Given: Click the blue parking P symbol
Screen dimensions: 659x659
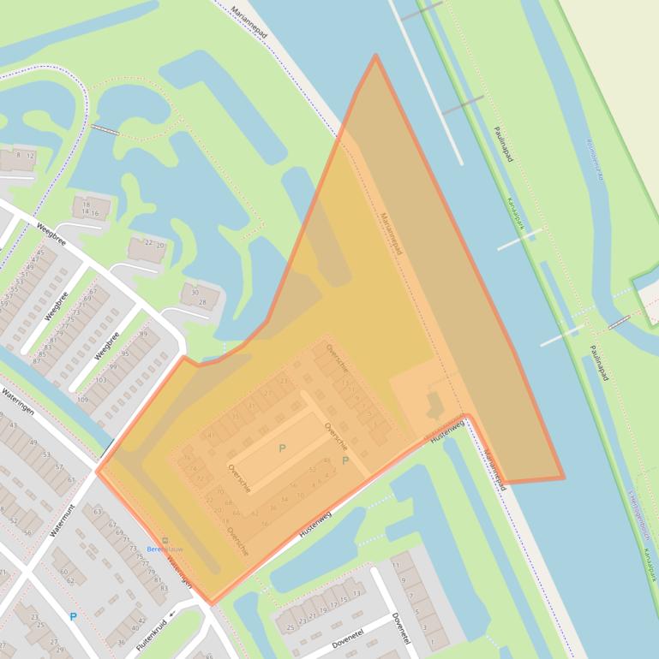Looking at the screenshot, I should [73, 616].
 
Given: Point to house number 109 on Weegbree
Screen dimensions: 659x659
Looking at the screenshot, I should [82, 400].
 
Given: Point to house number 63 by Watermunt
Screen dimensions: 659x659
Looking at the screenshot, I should [98, 512].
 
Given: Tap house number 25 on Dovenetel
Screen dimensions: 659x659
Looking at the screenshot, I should [291, 628].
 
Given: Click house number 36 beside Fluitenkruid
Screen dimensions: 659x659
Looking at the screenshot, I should [121, 642].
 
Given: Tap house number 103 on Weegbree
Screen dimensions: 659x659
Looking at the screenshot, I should [101, 379].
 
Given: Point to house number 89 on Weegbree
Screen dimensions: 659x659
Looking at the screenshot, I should [143, 334].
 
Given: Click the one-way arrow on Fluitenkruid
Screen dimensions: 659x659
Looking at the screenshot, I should [171, 613].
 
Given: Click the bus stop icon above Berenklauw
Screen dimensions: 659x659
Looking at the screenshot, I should [165, 539].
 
